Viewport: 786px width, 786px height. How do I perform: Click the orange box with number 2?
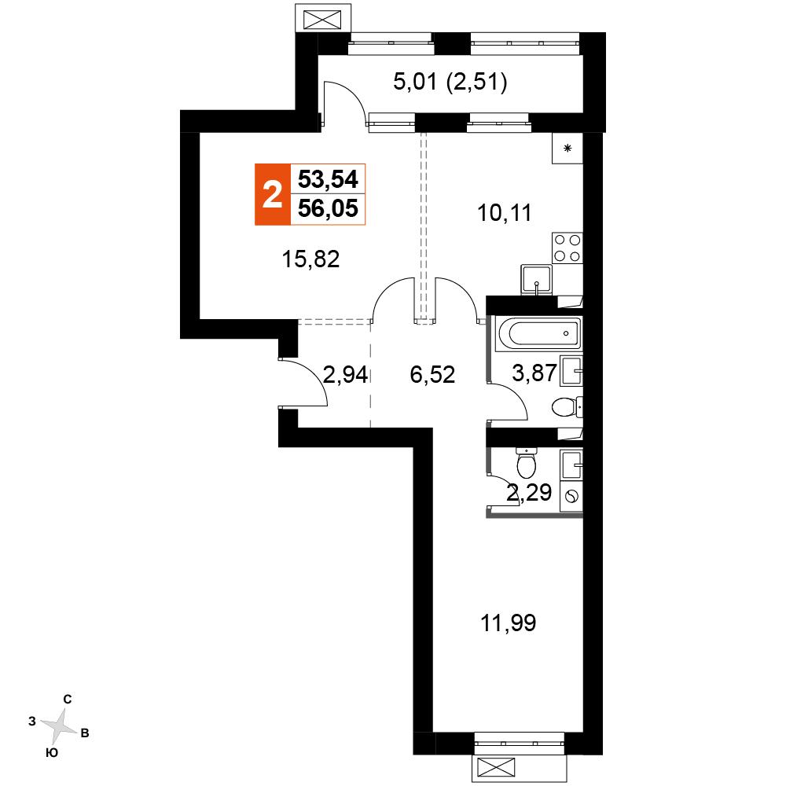click(273, 194)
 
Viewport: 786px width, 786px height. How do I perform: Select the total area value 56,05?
click(328, 208)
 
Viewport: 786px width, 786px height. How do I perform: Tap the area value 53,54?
click(328, 179)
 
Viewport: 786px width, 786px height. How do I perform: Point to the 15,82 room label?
click(310, 259)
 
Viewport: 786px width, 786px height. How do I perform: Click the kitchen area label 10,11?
click(505, 213)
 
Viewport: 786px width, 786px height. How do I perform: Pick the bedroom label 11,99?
click(509, 623)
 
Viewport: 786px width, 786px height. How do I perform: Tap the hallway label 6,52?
click(432, 374)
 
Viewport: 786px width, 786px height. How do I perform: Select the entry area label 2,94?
click(345, 374)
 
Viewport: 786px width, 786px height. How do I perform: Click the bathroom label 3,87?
click(534, 373)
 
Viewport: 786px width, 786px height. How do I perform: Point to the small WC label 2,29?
click(529, 493)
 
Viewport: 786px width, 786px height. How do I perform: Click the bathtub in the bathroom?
click(538, 332)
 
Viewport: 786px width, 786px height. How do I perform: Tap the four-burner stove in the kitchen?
click(567, 248)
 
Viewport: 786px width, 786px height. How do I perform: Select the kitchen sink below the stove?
click(536, 279)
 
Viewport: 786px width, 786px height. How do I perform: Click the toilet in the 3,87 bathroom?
click(567, 407)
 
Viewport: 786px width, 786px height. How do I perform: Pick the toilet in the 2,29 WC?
click(527, 463)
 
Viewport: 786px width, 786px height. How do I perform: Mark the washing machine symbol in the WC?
click(571, 497)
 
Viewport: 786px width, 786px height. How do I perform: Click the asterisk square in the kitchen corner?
click(567, 149)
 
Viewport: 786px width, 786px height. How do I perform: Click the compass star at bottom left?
click(60, 726)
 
